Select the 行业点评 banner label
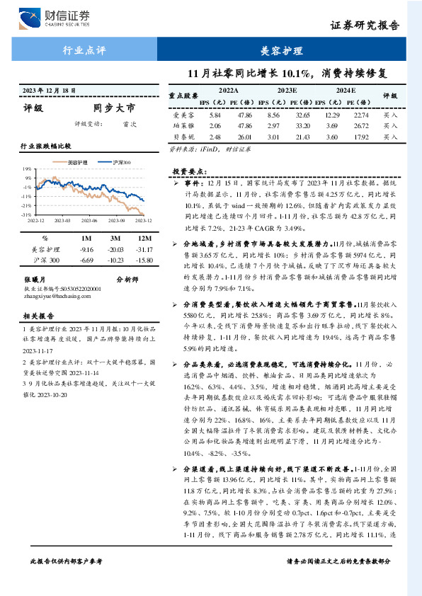coord(84,51)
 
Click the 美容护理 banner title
coord(282,51)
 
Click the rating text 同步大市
coord(113,108)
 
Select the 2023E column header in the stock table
coord(287,91)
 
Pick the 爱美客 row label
coord(181,115)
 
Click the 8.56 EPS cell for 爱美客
coord(274,115)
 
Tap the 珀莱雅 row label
coord(181,125)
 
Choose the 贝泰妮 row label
coord(181,136)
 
